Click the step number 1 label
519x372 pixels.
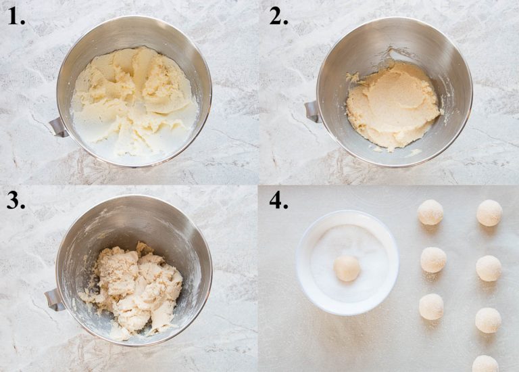pos(16,17)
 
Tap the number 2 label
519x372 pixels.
pos(278,17)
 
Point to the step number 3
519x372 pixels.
pos(16,201)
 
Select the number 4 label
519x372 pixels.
pos(278,201)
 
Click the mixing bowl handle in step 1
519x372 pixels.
pos(59,127)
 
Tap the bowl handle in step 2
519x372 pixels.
pos(312,112)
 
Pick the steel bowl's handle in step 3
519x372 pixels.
pos(54,300)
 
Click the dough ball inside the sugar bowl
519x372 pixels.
pos(347,268)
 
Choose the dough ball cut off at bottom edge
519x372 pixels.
pos(485,364)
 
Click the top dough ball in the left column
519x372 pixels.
pos(430,212)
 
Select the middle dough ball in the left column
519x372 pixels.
pos(434,260)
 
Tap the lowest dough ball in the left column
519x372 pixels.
pos(431,307)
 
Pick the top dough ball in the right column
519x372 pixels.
pos(489,212)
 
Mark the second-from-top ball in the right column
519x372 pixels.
pos(489,268)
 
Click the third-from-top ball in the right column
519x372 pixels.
pos(488,320)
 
